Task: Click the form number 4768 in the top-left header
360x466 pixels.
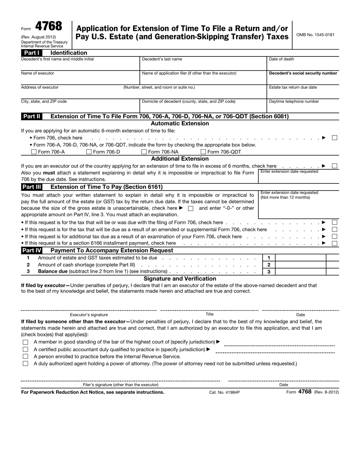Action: click(49, 27)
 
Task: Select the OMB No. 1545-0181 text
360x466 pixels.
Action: click(315, 35)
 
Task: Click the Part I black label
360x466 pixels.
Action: click(32, 53)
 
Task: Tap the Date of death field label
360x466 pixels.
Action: click(281, 59)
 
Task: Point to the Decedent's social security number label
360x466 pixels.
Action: click(303, 73)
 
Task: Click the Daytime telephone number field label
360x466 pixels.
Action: click(294, 102)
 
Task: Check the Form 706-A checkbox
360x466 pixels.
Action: click(34, 152)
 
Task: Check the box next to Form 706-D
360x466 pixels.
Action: click(89, 152)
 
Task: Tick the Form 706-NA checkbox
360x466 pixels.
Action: click(144, 152)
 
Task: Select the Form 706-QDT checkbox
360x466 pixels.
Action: click(203, 152)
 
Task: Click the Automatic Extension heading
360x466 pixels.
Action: click(180, 124)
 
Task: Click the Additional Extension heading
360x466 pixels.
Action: click(180, 159)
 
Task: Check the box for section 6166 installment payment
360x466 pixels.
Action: click(335, 243)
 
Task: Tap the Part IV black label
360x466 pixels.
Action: click(32, 250)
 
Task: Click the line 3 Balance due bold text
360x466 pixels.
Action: click(53, 271)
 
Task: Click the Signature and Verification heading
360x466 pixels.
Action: click(180, 278)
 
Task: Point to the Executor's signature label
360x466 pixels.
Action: click(89, 314)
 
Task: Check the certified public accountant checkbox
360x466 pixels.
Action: click(26, 349)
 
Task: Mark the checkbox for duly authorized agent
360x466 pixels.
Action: click(26, 363)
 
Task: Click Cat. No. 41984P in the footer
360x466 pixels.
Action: click(224, 393)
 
